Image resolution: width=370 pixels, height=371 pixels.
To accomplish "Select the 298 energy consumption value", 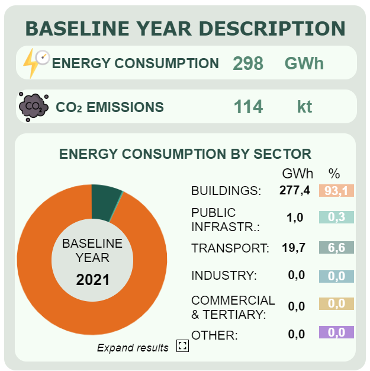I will pyautogui.click(x=248, y=63).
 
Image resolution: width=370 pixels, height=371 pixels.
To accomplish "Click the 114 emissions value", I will pyautogui.click(x=248, y=107).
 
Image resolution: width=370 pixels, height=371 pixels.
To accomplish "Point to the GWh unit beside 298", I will pyautogui.click(x=304, y=63).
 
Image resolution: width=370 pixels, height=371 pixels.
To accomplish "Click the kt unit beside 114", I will pyautogui.click(x=304, y=107).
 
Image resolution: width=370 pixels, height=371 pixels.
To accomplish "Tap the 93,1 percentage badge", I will pyautogui.click(x=336, y=190).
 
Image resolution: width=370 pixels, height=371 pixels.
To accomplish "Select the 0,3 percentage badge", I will pyautogui.click(x=336, y=218).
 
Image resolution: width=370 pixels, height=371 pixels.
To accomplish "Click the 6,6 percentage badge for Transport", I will pyautogui.click(x=336, y=248).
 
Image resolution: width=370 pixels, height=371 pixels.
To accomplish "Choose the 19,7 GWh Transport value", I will pyautogui.click(x=294, y=248).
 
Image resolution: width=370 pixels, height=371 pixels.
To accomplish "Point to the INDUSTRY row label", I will pyautogui.click(x=224, y=276).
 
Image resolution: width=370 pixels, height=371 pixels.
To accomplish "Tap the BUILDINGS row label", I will pyautogui.click(x=226, y=191).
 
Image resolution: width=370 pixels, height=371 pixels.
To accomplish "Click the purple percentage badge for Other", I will pyautogui.click(x=336, y=332).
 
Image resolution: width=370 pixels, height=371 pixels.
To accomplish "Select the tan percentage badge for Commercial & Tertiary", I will pyautogui.click(x=336, y=304).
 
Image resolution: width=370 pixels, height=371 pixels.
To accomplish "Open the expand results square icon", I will pyautogui.click(x=182, y=347).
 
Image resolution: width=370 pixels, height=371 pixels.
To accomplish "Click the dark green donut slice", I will pyautogui.click(x=105, y=202).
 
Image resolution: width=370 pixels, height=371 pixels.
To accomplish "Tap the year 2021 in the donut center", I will pyautogui.click(x=92, y=279).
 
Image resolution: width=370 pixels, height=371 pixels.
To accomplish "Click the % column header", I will pyautogui.click(x=334, y=174).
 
